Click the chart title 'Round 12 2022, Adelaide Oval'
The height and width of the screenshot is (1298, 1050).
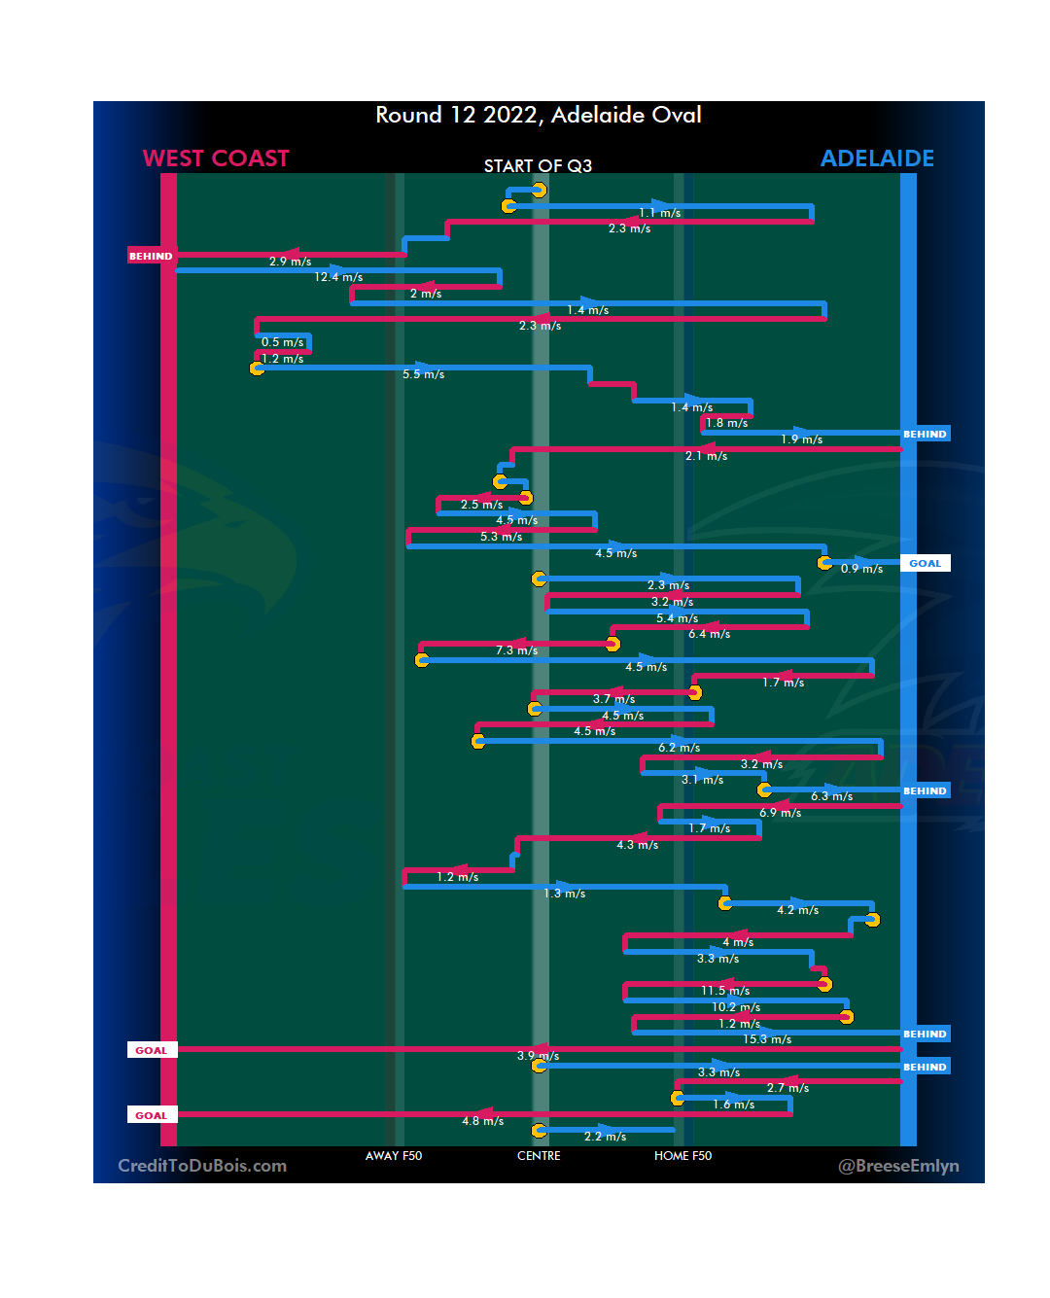point(539,116)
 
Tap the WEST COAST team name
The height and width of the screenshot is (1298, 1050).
point(216,158)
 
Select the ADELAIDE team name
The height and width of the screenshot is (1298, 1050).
point(877,158)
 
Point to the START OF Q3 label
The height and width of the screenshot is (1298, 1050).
point(538,166)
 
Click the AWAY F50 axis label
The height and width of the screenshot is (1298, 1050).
point(394,1156)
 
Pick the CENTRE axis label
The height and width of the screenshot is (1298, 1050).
point(539,1156)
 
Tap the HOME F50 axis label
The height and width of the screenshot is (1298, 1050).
point(682,1156)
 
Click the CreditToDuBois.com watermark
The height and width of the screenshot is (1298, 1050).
point(202,1166)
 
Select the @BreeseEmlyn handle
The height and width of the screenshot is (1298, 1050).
point(898,1166)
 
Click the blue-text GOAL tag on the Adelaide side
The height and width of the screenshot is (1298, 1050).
point(925,564)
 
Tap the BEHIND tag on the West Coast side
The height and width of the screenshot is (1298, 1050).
point(151,257)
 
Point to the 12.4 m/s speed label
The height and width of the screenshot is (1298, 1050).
point(338,278)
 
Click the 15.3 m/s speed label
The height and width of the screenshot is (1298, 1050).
point(767,1040)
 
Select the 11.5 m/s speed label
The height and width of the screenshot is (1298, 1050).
point(725,991)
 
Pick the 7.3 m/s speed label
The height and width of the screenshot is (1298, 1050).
point(516,650)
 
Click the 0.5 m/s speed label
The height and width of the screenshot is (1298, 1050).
point(282,342)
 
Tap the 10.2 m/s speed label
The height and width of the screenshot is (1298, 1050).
point(736,1007)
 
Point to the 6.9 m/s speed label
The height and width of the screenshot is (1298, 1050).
point(780,813)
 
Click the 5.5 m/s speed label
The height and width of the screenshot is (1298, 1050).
point(423,374)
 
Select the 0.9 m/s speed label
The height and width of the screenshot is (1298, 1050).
point(861,569)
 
